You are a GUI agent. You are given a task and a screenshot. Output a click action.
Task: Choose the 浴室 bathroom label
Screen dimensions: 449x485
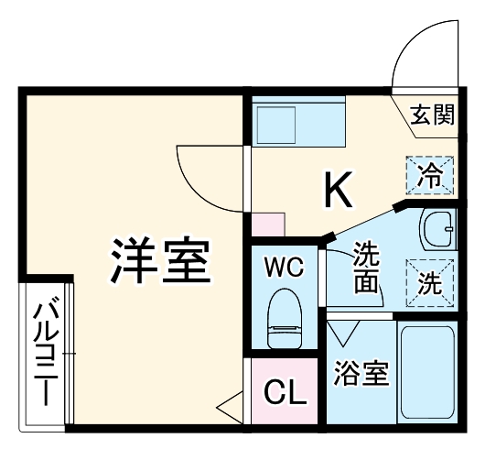click(x=360, y=374)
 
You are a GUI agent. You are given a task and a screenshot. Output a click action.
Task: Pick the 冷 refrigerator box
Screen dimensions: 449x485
click(x=429, y=174)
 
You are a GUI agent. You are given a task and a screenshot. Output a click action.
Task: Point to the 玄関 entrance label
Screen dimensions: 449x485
click(x=432, y=115)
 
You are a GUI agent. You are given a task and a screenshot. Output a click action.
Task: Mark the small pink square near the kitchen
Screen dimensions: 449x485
click(x=267, y=225)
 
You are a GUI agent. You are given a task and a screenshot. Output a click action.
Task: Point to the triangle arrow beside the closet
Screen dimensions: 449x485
click(x=229, y=402)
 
